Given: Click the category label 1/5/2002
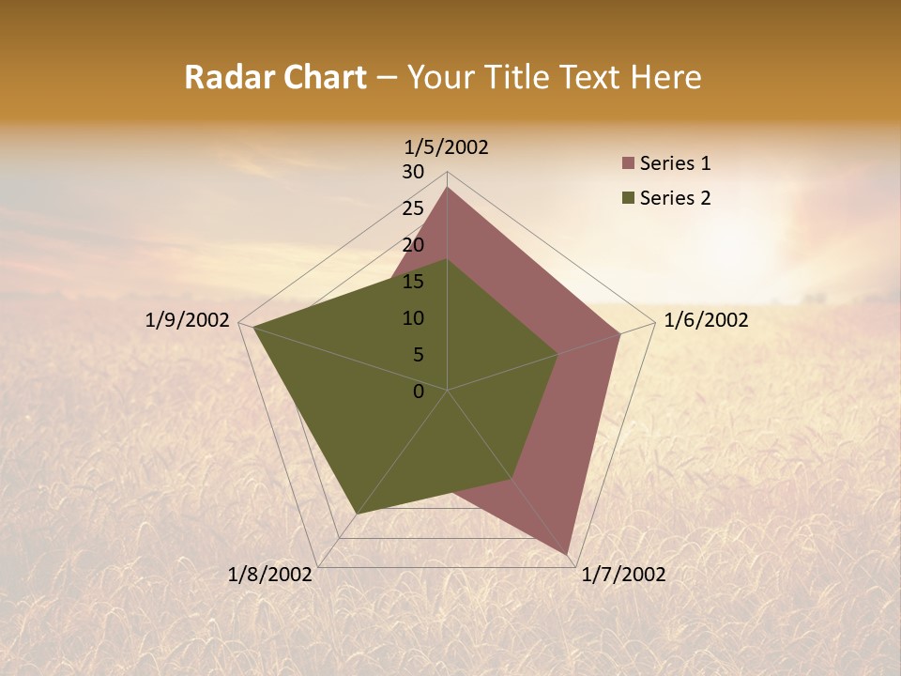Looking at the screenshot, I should click(x=446, y=147).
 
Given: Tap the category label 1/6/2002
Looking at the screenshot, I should click(x=706, y=320).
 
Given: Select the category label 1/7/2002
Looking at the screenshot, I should click(x=623, y=575).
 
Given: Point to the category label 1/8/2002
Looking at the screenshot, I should click(x=269, y=575).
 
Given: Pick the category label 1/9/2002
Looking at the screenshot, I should click(x=187, y=320).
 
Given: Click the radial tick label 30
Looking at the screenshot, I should click(x=413, y=172).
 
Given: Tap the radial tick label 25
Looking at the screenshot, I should click(x=413, y=208).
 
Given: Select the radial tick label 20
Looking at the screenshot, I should click(x=413, y=245).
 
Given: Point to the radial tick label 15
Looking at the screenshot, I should click(x=413, y=282).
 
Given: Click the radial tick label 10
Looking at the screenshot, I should click(x=413, y=318).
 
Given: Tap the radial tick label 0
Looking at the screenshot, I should click(x=419, y=392).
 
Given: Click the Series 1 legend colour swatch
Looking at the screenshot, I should click(x=629, y=164).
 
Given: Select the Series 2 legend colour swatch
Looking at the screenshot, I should click(x=629, y=198).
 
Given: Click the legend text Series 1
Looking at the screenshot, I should click(x=675, y=164).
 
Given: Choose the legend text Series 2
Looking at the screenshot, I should click(x=675, y=198).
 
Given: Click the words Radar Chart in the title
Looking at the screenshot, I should click(x=275, y=77).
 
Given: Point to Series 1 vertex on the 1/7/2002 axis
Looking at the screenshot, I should click(x=568, y=554).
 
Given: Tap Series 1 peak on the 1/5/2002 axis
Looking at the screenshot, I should click(x=448, y=188).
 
